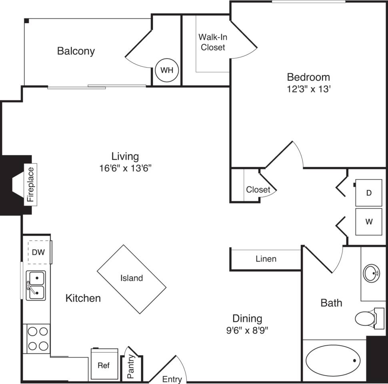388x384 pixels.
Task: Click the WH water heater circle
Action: (x=167, y=70)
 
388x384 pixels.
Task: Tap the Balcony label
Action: (x=76, y=51)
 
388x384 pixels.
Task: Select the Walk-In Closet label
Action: (x=213, y=42)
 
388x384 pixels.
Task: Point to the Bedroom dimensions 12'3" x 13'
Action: (x=308, y=89)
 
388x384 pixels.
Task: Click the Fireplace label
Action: (x=31, y=184)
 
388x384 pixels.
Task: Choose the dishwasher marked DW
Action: (x=39, y=252)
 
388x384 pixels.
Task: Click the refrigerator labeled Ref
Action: (x=104, y=365)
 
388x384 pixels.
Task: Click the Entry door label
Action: (x=172, y=379)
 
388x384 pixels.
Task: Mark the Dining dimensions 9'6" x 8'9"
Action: (x=247, y=330)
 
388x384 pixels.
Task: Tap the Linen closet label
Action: (x=266, y=259)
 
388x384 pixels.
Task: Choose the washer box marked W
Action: (x=369, y=221)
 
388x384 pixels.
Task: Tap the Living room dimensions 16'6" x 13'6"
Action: (x=125, y=168)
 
